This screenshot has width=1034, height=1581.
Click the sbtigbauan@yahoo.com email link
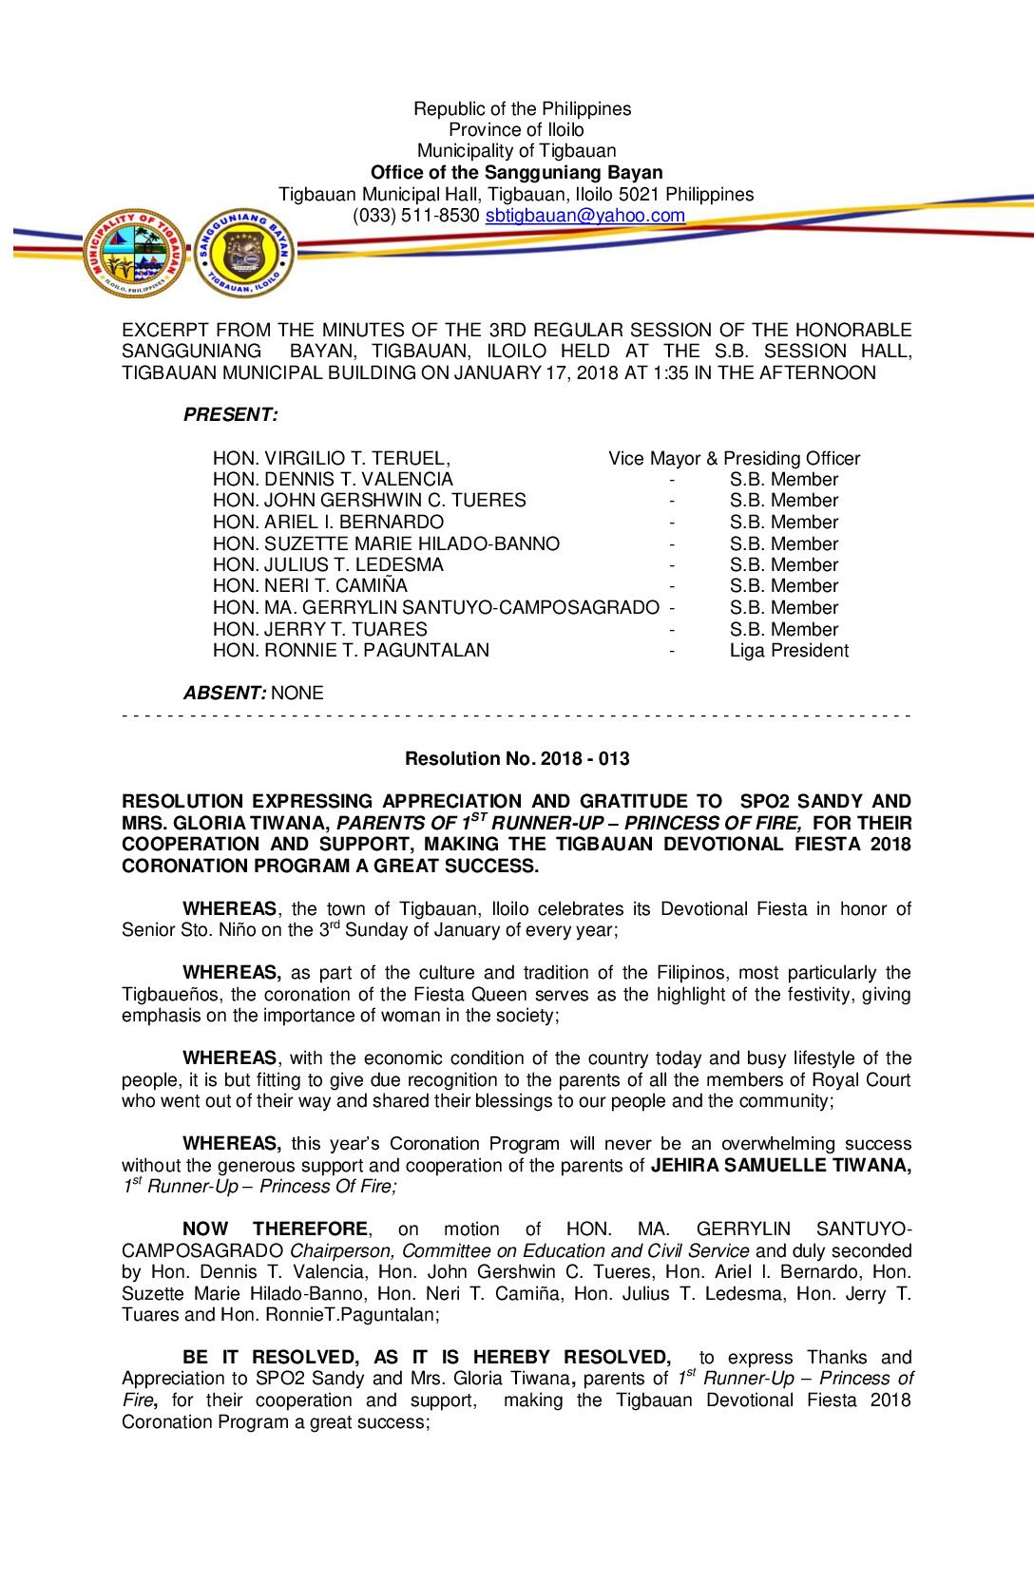(x=584, y=216)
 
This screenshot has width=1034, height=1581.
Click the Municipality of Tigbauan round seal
(x=134, y=254)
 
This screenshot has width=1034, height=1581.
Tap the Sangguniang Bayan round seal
(x=244, y=254)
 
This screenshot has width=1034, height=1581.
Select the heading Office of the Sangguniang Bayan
(x=516, y=173)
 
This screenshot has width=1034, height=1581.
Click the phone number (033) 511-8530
(x=415, y=216)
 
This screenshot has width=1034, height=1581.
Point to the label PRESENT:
(x=231, y=415)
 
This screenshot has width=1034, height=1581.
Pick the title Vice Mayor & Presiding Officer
(x=734, y=459)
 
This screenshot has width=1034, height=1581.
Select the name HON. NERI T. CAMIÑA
(x=310, y=586)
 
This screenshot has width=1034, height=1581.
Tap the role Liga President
(x=789, y=651)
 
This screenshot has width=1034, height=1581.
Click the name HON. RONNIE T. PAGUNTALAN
(x=351, y=651)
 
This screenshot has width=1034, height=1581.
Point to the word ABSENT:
(x=224, y=694)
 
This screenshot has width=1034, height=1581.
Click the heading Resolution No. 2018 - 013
(x=517, y=759)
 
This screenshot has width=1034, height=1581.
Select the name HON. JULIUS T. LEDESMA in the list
(x=328, y=565)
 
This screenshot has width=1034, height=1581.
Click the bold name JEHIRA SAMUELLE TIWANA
(x=780, y=1166)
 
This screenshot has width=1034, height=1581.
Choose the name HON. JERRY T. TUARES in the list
(x=319, y=630)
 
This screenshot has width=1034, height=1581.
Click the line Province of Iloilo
(x=516, y=130)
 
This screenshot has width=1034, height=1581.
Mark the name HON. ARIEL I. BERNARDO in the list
(x=328, y=523)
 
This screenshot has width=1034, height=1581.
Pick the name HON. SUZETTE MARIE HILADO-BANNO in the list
(x=386, y=544)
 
